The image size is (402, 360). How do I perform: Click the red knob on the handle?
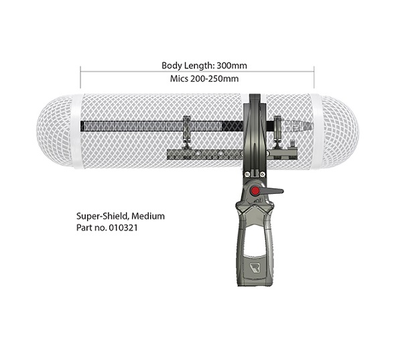(x=255, y=190)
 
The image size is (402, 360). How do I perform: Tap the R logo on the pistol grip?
(x=254, y=267)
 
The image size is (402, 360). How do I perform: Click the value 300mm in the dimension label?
(x=232, y=66)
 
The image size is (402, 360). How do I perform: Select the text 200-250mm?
(x=214, y=78)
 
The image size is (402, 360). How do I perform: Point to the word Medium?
(x=148, y=216)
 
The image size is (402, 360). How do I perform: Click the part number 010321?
(x=123, y=228)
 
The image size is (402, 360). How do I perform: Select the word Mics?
(x=179, y=78)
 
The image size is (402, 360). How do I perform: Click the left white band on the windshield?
(x=77, y=131)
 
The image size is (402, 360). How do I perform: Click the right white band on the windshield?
(x=316, y=131)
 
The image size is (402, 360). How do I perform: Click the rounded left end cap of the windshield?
(x=54, y=131)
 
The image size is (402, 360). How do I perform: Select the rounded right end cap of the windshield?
(x=340, y=131)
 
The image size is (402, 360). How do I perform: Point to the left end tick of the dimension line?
(x=80, y=77)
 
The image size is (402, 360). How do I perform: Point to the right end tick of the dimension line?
(x=314, y=77)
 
